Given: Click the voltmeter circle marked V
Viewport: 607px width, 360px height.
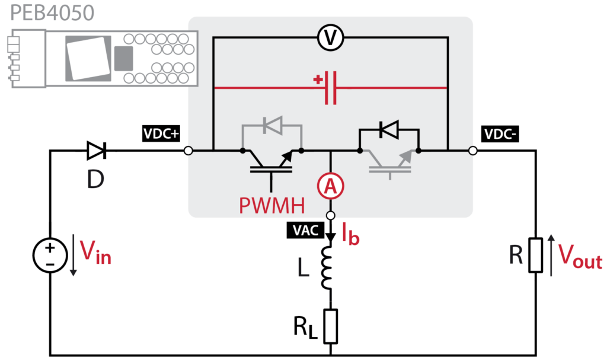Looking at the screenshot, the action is (330, 37).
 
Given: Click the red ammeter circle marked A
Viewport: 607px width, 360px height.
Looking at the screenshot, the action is (330, 186).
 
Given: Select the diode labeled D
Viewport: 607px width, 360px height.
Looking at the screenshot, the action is (97, 151).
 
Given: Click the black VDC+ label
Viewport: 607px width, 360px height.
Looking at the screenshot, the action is (161, 133).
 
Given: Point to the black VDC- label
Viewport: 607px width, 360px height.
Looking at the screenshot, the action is (500, 134).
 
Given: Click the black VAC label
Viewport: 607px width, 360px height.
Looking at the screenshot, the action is (305, 230).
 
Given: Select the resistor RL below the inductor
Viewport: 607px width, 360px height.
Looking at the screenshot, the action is (330, 326).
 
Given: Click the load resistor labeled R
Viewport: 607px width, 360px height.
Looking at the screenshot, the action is (536, 255).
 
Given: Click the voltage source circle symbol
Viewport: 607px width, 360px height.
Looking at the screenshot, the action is (50, 255).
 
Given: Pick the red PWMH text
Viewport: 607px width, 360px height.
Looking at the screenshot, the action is (271, 205).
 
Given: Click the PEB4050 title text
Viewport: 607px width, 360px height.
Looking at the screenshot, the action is (52, 12).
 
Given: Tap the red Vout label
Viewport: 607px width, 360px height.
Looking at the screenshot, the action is (580, 256).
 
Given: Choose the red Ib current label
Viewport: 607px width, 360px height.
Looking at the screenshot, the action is (350, 234).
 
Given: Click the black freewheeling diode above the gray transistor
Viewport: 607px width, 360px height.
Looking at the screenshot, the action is (389, 129).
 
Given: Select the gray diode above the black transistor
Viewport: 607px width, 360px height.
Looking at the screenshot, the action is (273, 125).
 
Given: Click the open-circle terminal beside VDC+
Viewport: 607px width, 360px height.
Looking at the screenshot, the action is (188, 151).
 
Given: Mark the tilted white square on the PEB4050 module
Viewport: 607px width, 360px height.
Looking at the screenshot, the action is (88, 58).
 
